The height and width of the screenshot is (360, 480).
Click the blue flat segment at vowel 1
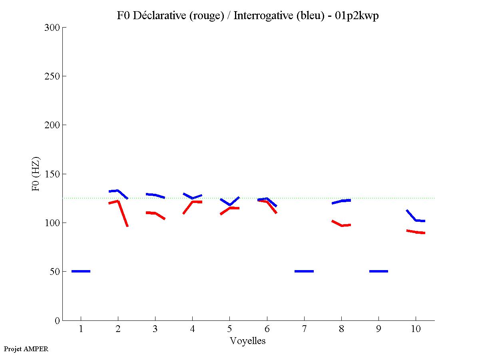(81, 271)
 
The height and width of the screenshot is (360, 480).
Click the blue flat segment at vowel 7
(304, 271)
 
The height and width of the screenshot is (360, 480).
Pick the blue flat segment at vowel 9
(378, 271)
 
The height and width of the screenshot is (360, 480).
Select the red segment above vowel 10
(416, 232)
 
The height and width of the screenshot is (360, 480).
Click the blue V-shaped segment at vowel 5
(230, 204)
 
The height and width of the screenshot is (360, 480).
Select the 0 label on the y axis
(57, 320)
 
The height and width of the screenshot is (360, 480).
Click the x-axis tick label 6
(267, 329)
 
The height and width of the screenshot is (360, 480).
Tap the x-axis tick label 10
(416, 329)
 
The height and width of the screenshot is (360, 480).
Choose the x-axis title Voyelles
(248, 341)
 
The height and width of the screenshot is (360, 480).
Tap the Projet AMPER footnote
(26, 349)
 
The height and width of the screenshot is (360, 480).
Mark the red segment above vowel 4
(193, 202)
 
